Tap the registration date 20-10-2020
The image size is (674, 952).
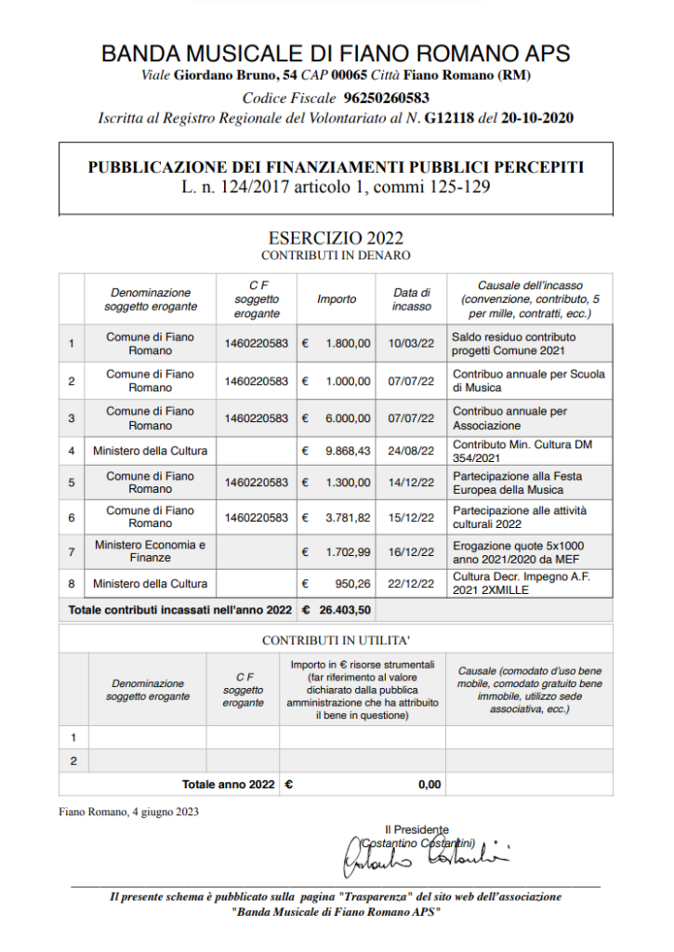coord(537,118)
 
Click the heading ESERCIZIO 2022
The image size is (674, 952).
coord(336,239)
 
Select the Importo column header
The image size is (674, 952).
coord(337,299)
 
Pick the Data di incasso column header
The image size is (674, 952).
coord(412,299)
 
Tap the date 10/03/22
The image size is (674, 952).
coord(412,344)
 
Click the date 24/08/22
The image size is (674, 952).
coord(412,452)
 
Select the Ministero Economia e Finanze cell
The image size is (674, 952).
coord(150,551)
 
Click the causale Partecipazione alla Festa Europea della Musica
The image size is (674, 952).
coord(518,483)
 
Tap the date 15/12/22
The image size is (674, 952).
coord(412,518)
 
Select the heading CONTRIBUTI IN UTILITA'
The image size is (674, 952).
coord(336,641)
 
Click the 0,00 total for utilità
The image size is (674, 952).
coord(430,785)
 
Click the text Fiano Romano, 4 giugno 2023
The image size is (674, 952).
coord(128,812)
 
